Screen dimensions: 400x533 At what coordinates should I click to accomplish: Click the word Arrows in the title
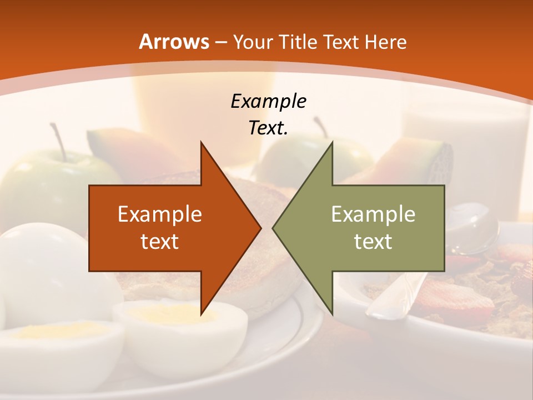[x=174, y=42]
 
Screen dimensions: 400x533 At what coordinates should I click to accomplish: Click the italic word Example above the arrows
[x=268, y=101]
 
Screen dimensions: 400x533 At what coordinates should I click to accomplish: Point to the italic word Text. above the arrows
[x=268, y=128]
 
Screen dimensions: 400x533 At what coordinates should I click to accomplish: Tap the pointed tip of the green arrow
[x=273, y=228]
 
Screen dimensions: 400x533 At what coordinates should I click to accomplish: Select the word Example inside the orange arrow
[x=160, y=214]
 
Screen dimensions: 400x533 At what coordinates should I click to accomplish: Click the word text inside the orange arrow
[x=160, y=241]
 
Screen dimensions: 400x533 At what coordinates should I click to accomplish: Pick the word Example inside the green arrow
[x=373, y=214]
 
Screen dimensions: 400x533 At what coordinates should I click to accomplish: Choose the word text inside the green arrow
[x=373, y=241]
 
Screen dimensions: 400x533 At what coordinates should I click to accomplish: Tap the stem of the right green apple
[x=320, y=127]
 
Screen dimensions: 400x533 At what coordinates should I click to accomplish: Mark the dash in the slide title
[x=220, y=43]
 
